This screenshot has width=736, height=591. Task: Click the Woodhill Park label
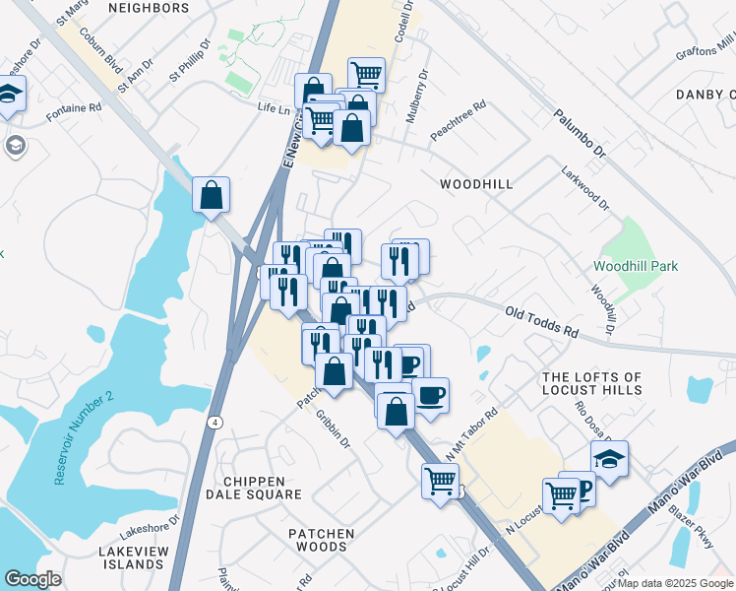tap(636, 266)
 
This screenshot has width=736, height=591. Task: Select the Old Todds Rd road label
tap(541, 322)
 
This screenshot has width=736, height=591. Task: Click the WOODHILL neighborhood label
tap(476, 184)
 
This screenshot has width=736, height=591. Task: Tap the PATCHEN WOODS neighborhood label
tap(321, 542)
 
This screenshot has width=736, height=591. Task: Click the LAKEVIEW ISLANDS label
tap(132, 558)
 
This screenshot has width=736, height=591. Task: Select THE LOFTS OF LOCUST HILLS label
tap(605, 385)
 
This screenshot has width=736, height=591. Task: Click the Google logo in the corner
tap(32, 579)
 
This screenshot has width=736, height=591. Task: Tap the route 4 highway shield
tap(214, 421)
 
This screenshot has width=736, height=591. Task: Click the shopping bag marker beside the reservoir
tap(212, 195)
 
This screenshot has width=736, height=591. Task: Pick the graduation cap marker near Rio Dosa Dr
tap(609, 459)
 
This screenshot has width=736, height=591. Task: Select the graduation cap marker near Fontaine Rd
tap(11, 96)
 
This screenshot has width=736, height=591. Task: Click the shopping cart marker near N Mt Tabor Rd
tap(440, 481)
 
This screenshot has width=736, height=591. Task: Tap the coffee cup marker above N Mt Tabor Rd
tap(430, 396)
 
